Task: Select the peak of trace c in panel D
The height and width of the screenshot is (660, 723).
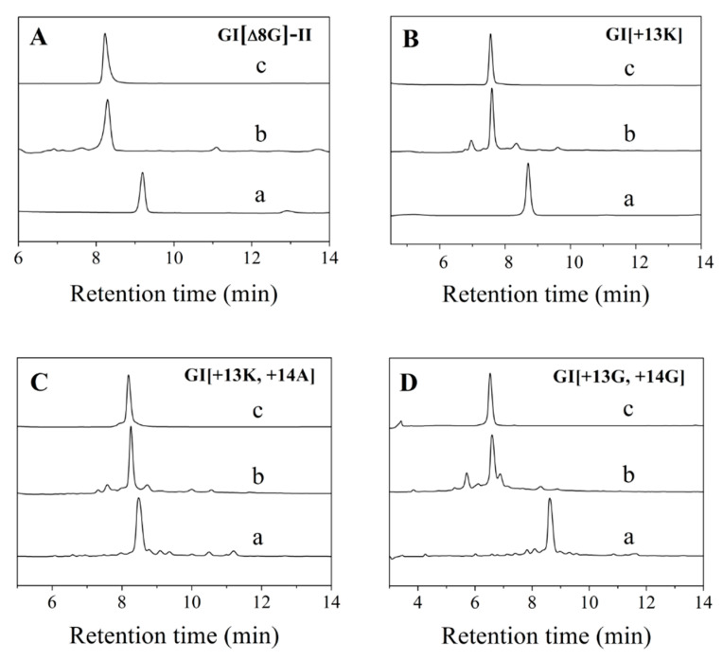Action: (x=489, y=375)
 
